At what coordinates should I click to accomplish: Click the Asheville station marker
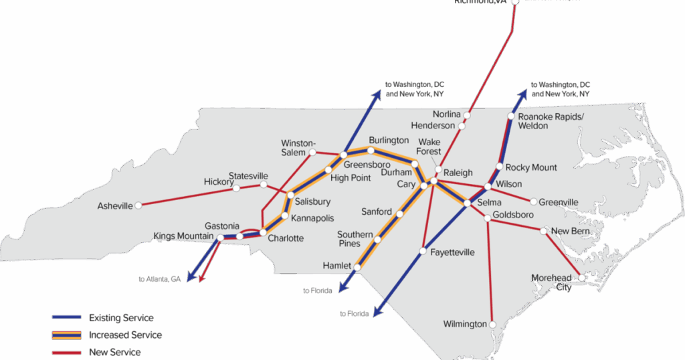[138, 206]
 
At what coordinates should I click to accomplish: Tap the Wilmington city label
[465, 325]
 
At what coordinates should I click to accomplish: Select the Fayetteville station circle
[423, 252]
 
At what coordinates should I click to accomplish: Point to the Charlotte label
[286, 238]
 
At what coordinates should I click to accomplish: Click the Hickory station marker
[236, 188]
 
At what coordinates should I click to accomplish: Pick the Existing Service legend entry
[121, 318]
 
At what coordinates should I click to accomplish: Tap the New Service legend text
[114, 352]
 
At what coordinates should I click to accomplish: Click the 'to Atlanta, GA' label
[160, 279]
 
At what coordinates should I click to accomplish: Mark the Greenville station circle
[534, 201]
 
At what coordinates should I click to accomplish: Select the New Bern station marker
[545, 231]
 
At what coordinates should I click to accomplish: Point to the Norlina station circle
[467, 115]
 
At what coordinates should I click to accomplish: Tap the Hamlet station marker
[357, 267]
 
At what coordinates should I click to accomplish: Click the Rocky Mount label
[531, 167]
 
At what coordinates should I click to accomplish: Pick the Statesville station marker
[264, 185]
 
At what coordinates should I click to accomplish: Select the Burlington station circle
[371, 151]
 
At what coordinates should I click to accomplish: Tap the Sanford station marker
[399, 215]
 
